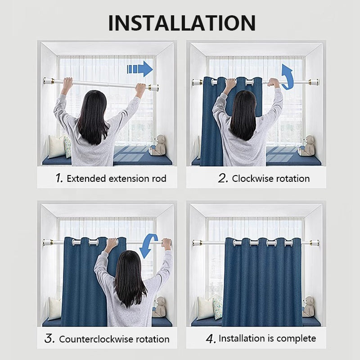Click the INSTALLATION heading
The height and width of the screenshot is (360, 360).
[182, 23]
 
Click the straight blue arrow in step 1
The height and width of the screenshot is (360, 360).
[140, 69]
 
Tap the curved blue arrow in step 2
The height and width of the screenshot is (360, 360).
[288, 77]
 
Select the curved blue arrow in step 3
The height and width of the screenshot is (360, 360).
[148, 246]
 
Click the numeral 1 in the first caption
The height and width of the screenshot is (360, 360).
[59, 178]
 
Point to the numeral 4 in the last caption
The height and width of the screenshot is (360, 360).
[211, 339]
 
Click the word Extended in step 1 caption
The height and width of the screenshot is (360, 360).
[86, 178]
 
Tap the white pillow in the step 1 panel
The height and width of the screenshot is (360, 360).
[56, 147]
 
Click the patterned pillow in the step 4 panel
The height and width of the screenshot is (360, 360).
[218, 307]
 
